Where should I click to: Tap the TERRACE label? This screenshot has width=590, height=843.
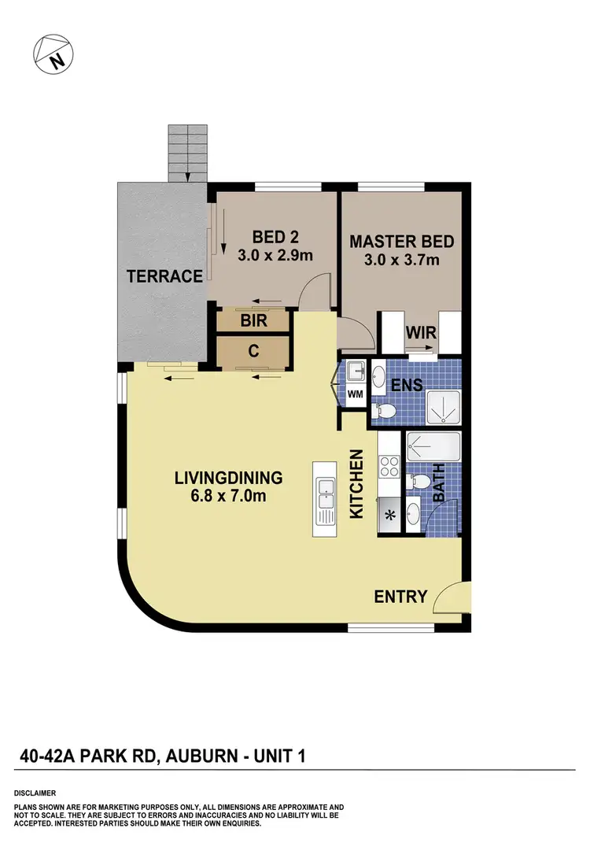pos(166,276)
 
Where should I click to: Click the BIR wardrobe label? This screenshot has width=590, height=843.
pos(253,321)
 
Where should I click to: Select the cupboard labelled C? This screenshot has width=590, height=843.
pos(253,352)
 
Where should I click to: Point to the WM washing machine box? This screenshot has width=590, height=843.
pos(356,394)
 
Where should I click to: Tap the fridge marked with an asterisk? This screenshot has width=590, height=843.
pos(389,516)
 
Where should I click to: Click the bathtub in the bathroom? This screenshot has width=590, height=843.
pos(433,449)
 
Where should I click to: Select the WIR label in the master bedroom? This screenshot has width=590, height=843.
pos(421,332)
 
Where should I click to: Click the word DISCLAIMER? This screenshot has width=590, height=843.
pos(35,793)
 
